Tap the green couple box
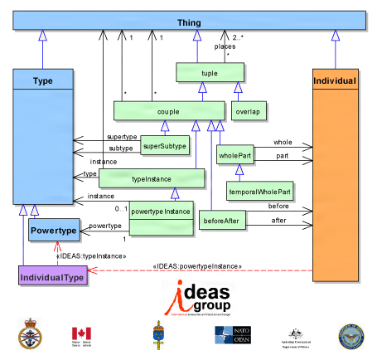(168, 109)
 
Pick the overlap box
(245, 109)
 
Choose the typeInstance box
(152, 178)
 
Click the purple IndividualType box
(51, 277)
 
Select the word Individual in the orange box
(336, 81)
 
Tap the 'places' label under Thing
(225, 46)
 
